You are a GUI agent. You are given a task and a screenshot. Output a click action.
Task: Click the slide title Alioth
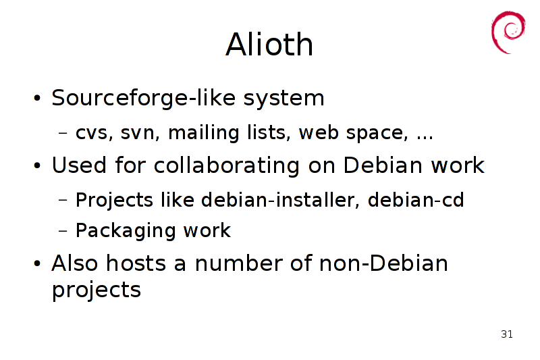[x=269, y=44]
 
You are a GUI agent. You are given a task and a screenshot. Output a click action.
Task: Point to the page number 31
[x=507, y=334]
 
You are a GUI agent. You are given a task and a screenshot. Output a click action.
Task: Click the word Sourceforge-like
[x=144, y=98]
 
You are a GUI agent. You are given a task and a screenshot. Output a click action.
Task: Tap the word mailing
[x=203, y=132]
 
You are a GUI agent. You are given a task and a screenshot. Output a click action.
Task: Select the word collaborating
[x=227, y=165]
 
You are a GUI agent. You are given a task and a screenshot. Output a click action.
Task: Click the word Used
[x=79, y=165]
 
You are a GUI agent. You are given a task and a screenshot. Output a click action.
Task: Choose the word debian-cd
[x=416, y=200]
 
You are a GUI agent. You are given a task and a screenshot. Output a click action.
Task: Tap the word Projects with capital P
[x=114, y=201]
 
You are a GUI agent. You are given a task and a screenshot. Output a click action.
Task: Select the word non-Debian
[x=383, y=263]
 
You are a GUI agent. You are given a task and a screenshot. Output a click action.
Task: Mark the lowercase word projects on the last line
[x=97, y=290]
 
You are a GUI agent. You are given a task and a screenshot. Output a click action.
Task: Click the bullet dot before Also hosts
[x=37, y=264]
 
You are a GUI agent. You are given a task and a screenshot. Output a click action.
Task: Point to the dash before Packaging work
[x=63, y=230]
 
